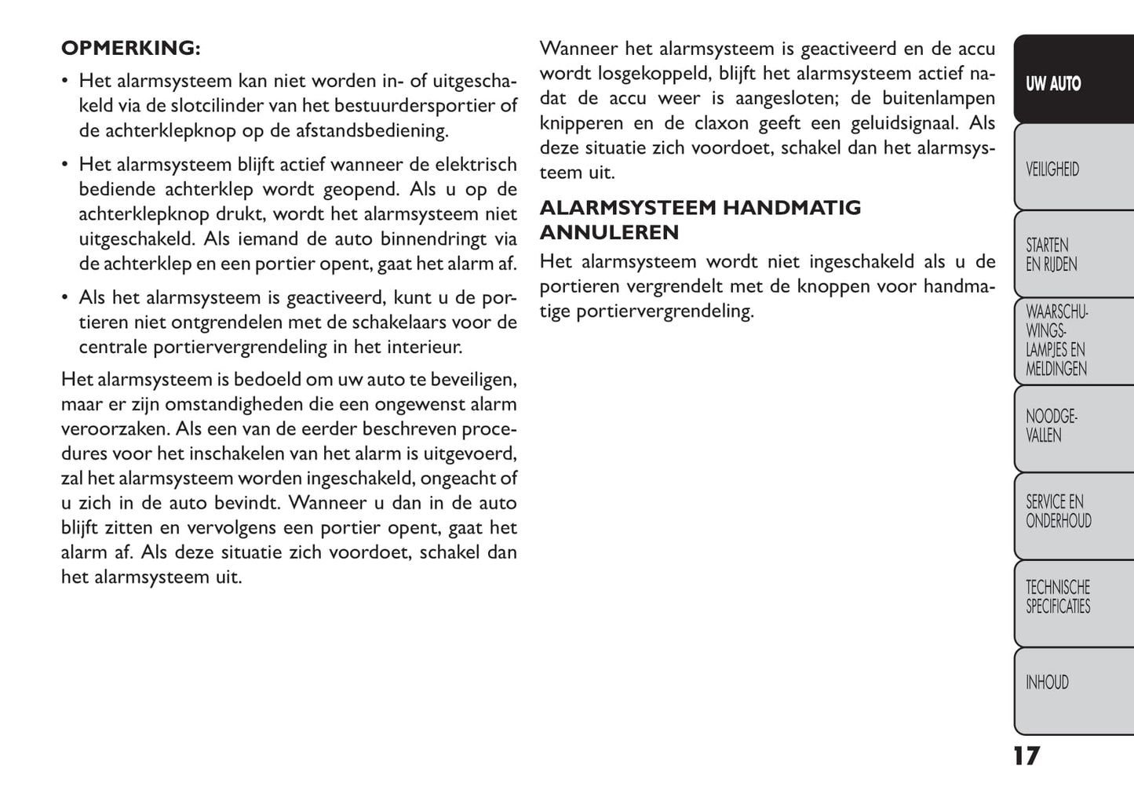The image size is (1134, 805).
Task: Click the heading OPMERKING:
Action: pos(130,48)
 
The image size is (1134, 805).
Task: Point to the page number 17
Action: pos(1026,756)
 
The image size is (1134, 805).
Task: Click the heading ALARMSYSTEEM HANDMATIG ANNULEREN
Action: pos(700,220)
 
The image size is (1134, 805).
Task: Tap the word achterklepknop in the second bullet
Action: pos(144,213)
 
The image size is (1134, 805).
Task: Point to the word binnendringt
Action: pos(434,239)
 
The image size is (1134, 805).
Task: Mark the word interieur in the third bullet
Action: pos(424,346)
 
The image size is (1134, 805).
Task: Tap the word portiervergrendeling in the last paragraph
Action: pos(665,311)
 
